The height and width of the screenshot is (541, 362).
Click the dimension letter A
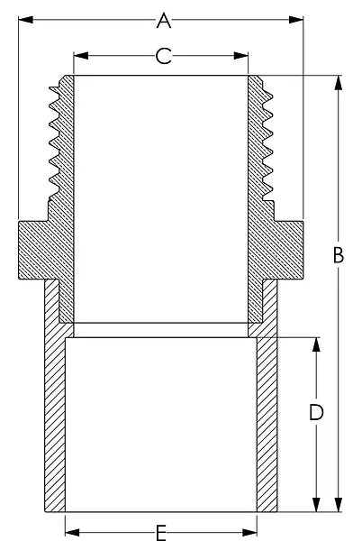(x=164, y=20)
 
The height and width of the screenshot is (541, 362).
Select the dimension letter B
(x=339, y=255)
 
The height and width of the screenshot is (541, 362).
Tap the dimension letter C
(x=163, y=56)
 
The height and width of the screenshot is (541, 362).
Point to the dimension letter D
(x=316, y=412)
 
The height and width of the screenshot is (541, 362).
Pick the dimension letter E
(x=161, y=533)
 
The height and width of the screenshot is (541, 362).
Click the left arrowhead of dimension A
(x=25, y=20)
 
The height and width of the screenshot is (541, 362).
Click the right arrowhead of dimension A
(x=296, y=20)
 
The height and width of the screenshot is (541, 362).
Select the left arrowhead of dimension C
(x=81, y=56)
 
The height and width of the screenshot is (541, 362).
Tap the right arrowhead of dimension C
(x=240, y=56)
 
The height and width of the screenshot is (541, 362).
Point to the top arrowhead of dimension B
(x=339, y=83)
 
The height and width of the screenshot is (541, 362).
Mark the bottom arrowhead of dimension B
(x=339, y=504)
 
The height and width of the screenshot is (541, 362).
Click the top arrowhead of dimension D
(x=316, y=344)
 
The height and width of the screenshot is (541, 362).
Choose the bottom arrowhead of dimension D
(x=316, y=504)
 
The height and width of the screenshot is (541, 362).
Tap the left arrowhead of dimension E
(x=72, y=532)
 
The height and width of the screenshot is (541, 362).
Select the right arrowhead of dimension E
(x=249, y=532)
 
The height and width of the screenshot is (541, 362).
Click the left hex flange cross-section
(x=39, y=250)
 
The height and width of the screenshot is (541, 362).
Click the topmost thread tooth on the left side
(x=54, y=89)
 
